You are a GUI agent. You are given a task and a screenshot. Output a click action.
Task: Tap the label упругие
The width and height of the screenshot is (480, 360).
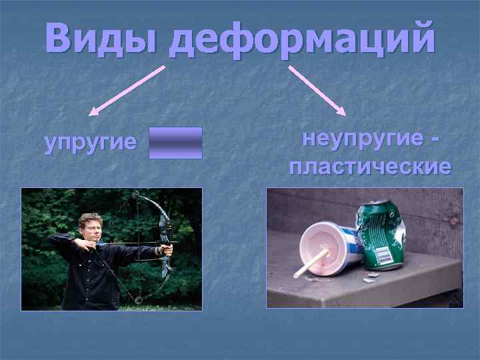[x=90, y=143]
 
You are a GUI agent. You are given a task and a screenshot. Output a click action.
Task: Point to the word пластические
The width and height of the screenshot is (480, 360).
[x=370, y=167]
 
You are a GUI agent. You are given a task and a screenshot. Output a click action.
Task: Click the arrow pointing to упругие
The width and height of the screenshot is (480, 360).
[x=127, y=89]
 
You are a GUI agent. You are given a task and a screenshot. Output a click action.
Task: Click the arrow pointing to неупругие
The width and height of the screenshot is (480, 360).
[x=316, y=89]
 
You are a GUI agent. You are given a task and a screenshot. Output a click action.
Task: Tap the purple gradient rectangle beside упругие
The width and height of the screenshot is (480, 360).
[x=175, y=143]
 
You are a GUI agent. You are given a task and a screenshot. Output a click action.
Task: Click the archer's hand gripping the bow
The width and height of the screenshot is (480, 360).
[x=166, y=249]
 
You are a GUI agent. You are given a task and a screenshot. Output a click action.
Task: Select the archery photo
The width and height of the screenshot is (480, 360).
[x=111, y=249]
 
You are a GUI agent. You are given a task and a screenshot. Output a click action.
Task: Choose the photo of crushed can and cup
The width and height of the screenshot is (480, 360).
[x=365, y=247]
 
